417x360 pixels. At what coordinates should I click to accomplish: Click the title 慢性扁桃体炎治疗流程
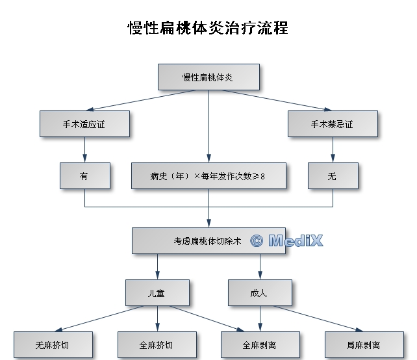[208, 29]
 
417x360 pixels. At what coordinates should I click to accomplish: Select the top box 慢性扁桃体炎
[208, 77]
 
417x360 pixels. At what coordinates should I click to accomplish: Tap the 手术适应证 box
[84, 123]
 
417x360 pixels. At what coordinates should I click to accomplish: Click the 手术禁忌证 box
[333, 123]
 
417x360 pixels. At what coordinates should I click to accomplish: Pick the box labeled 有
[84, 175]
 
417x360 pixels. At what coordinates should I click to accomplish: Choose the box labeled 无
[333, 175]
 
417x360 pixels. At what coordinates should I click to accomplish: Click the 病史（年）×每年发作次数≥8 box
[208, 175]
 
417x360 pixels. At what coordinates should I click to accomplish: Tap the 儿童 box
[157, 292]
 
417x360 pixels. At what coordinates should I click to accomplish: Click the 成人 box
[260, 292]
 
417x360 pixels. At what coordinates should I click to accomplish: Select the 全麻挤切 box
[157, 344]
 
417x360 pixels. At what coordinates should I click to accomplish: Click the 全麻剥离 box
[260, 344]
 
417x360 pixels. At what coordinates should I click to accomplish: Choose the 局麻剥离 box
[363, 344]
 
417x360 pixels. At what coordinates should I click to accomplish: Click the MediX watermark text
[295, 241]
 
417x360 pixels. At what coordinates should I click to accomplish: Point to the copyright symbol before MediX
[257, 241]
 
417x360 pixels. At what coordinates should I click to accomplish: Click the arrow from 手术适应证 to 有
[84, 149]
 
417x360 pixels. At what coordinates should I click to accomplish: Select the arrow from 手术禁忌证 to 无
[333, 149]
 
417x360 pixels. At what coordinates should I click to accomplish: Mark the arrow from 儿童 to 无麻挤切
[97, 319]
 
